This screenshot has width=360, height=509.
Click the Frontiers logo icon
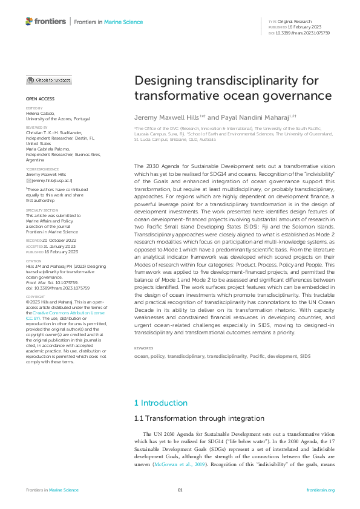pos(29,21)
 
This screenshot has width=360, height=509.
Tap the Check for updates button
pos(49,80)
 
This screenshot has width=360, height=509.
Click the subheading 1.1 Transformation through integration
pos(191,418)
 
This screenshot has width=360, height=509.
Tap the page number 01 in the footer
pos(180,490)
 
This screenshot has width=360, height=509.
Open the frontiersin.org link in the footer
pos(321,490)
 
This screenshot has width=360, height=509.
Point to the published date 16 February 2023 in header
pos(299,27)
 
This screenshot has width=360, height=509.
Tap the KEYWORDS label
pos(144,348)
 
